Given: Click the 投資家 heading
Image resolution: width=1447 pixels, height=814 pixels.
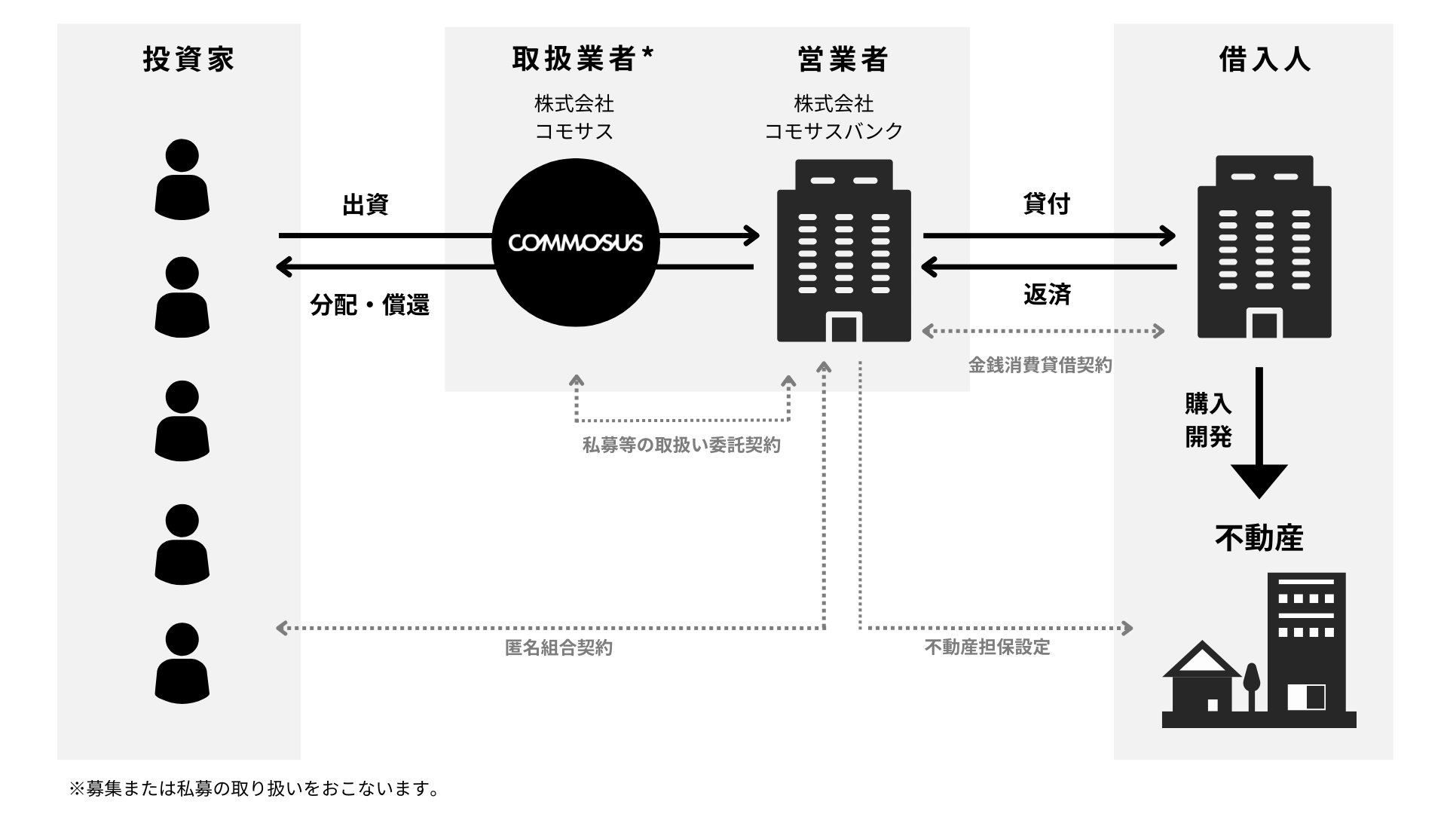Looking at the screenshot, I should click(x=188, y=60).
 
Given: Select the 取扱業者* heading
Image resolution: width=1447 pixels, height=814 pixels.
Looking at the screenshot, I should click(x=583, y=60).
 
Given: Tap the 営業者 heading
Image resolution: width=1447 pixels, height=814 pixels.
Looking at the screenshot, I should click(x=843, y=60).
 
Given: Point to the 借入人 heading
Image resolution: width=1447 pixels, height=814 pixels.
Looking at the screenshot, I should click(x=1265, y=60).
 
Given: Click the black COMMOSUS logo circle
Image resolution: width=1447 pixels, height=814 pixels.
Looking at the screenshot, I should click(x=576, y=243).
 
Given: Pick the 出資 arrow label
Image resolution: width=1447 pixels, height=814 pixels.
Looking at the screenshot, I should click(x=366, y=204).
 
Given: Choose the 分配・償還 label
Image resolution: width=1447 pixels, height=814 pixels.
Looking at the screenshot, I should click(x=369, y=304).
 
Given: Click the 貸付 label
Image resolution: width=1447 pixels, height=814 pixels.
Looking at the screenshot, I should click(x=1047, y=203).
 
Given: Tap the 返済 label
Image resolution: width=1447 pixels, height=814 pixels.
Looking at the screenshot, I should click(x=1047, y=295).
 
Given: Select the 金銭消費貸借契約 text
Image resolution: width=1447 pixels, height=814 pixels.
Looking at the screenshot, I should click(x=1040, y=366).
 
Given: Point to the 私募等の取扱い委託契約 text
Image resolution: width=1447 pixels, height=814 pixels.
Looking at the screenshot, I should click(x=681, y=445).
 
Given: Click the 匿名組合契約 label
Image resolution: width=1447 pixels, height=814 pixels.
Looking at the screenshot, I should click(x=558, y=647).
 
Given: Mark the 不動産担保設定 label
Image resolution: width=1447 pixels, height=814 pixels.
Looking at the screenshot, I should click(x=987, y=647).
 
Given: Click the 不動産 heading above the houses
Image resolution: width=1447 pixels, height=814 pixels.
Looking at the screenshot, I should click(x=1259, y=538).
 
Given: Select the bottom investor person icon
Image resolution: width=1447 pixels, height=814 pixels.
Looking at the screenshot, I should click(x=182, y=663).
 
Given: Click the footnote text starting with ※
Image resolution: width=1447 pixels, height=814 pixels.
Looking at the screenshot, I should click(x=254, y=789).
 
